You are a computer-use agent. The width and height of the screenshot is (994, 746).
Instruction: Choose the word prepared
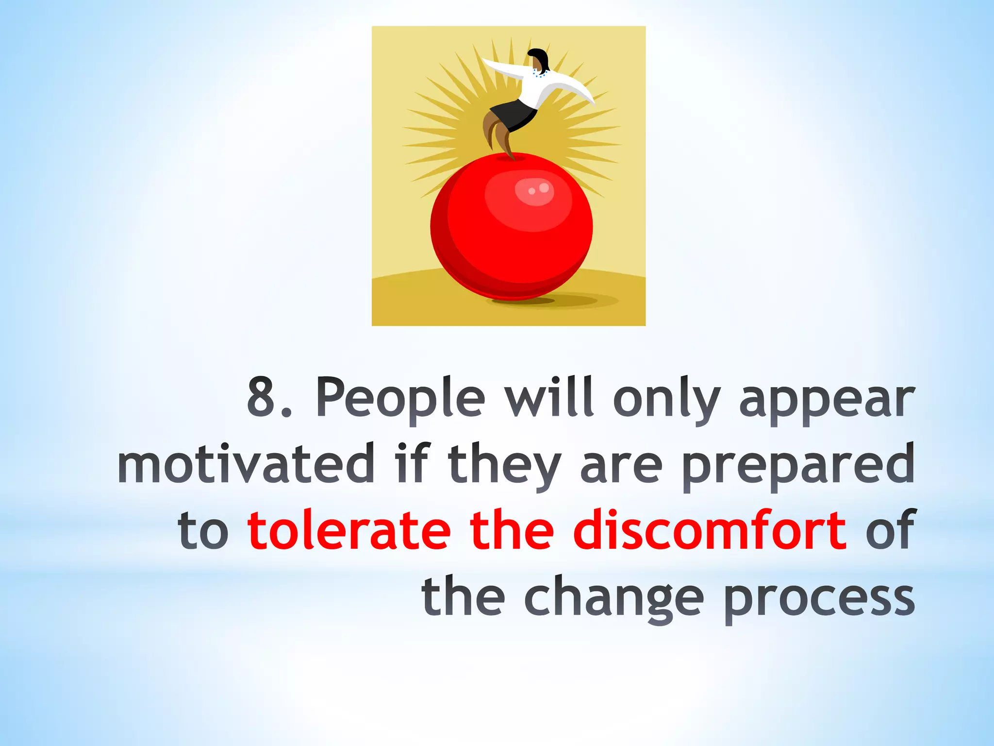pos(798,466)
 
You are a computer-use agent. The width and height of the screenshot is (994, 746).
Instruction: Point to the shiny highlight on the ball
pos(534,190)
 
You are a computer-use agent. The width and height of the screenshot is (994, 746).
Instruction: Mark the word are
pos(621,467)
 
